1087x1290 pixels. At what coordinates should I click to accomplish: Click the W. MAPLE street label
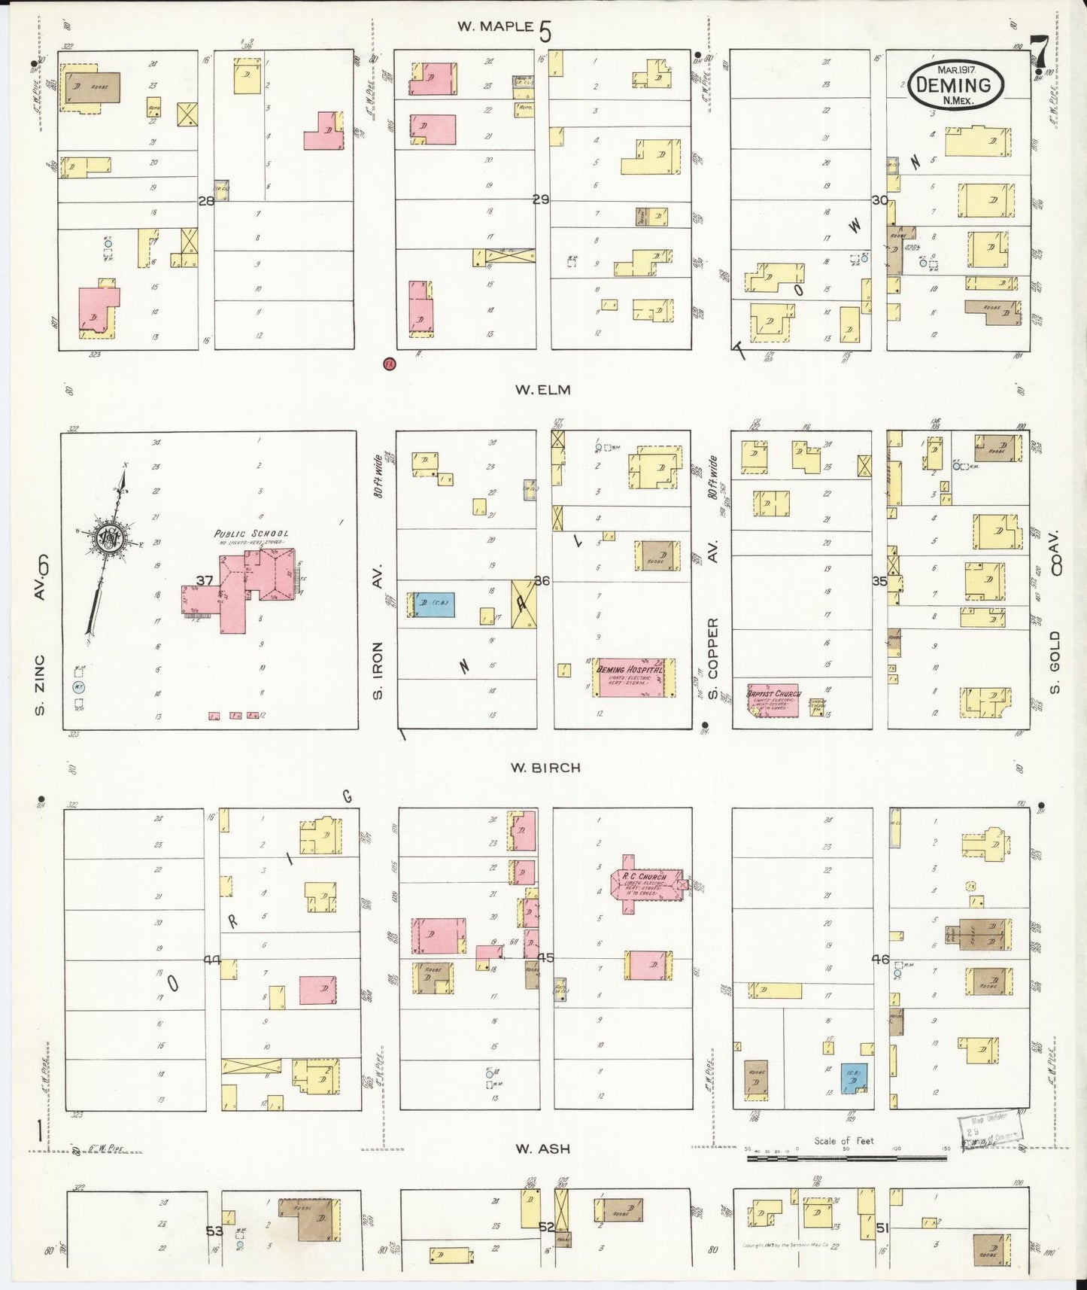tap(496, 27)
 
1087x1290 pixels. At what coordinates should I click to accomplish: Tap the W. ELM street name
tap(542, 390)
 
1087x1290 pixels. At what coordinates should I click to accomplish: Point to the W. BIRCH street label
tap(545, 768)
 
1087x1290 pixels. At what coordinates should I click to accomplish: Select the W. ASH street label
tap(542, 1149)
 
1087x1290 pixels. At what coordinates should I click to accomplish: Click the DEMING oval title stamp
tap(955, 85)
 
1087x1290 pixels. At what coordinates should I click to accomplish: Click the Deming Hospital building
tap(630, 677)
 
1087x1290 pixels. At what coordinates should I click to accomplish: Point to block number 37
tap(205, 580)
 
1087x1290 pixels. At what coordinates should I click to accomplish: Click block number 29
tap(540, 200)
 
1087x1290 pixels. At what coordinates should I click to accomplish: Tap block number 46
tap(879, 960)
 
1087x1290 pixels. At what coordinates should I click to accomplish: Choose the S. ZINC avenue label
tap(41, 685)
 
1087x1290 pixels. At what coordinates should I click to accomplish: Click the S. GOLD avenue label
tap(1055, 662)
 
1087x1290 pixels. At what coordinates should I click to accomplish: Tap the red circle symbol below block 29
tap(390, 364)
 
